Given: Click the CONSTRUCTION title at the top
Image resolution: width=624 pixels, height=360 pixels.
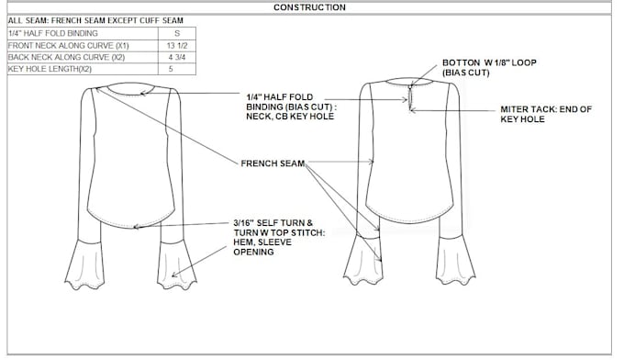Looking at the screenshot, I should click(310, 7).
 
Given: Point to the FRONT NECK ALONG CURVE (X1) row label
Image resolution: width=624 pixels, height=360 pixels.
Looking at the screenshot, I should click(69, 45).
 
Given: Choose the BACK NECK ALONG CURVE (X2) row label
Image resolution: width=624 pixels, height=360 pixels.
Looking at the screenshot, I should click(69, 57).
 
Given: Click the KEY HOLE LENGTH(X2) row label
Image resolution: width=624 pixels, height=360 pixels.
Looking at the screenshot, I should click(50, 69).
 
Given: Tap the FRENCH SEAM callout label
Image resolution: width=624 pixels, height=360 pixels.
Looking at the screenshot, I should click(272, 163).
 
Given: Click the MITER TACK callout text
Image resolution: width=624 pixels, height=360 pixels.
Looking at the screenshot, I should click(546, 114).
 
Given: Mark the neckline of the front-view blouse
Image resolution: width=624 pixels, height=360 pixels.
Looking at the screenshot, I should click(136, 92).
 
